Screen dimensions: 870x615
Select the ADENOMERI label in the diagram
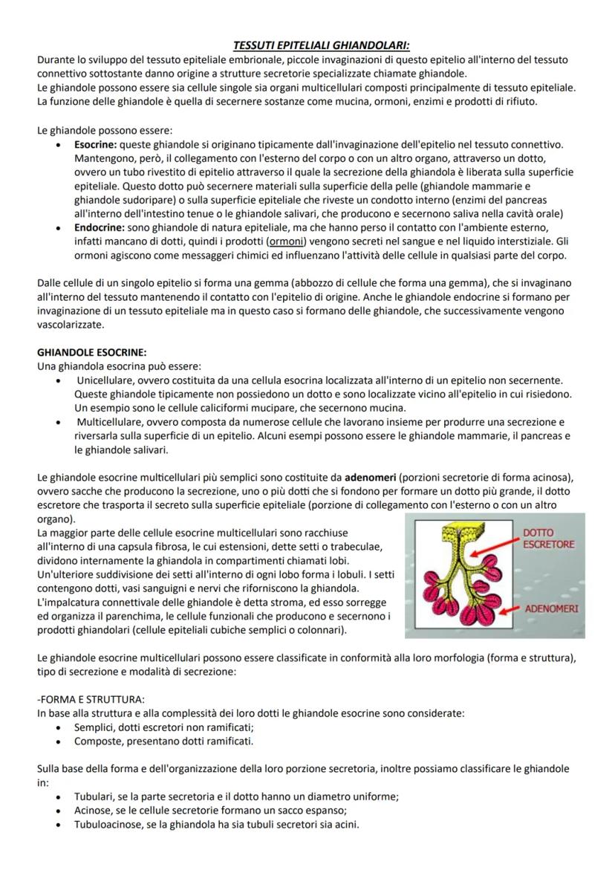tap(553, 608)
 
